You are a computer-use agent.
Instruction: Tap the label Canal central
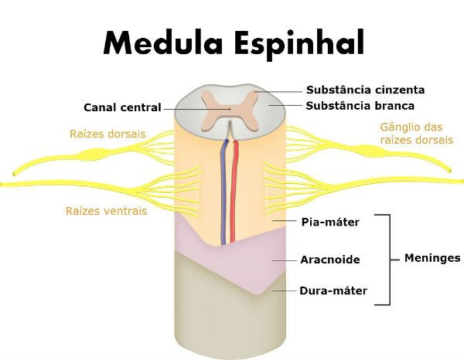(125, 107)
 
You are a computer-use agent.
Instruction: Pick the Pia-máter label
(329, 222)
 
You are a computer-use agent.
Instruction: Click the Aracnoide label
(330, 260)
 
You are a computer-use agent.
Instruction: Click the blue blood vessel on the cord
(226, 193)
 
